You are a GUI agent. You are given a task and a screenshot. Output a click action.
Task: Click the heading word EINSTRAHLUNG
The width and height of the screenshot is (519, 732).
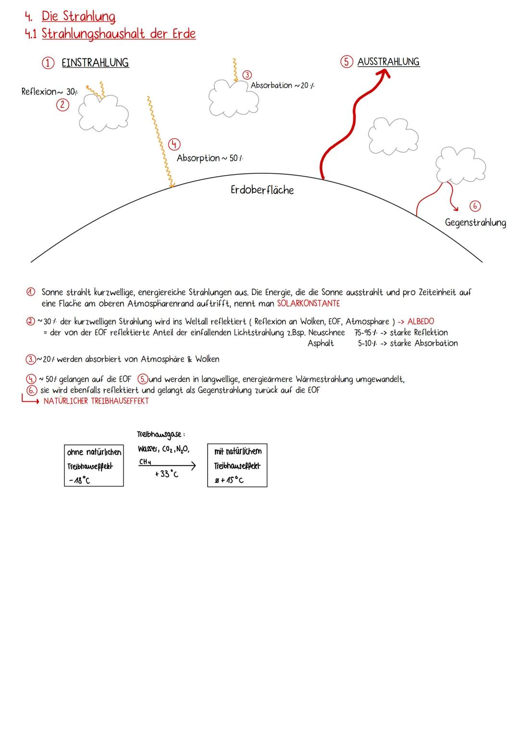95,63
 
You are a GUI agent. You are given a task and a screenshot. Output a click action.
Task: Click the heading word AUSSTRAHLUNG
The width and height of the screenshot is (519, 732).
388,62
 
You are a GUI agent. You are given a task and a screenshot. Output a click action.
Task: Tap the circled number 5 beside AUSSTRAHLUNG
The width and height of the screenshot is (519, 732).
346,62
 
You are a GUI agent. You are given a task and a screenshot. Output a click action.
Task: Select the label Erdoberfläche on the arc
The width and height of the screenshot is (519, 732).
262,190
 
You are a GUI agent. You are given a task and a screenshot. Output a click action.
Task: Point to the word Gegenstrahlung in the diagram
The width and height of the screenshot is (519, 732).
475,223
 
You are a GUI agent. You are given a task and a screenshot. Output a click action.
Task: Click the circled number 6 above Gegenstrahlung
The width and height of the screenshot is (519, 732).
475,206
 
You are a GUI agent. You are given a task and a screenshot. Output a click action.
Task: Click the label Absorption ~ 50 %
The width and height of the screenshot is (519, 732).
213,158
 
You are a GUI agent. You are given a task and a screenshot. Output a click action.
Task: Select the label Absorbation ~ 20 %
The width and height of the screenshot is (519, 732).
283,85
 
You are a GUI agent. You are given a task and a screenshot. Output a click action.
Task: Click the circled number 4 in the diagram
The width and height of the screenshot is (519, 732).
174,144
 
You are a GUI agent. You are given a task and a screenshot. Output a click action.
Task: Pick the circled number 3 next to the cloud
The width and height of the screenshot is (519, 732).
247,75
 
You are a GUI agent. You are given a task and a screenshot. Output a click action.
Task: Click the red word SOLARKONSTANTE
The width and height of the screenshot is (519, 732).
308,303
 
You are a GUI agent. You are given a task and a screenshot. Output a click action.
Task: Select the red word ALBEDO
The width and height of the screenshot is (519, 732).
420,322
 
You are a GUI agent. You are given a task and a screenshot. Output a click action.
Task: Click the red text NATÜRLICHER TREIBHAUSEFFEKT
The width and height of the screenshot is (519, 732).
96,401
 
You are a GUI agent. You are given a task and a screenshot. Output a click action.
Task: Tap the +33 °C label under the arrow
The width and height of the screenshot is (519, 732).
166,474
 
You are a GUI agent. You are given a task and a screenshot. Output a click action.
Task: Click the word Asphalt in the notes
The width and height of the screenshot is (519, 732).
321,343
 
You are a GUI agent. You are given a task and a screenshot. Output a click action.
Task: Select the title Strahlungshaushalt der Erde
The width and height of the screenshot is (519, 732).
119,34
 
